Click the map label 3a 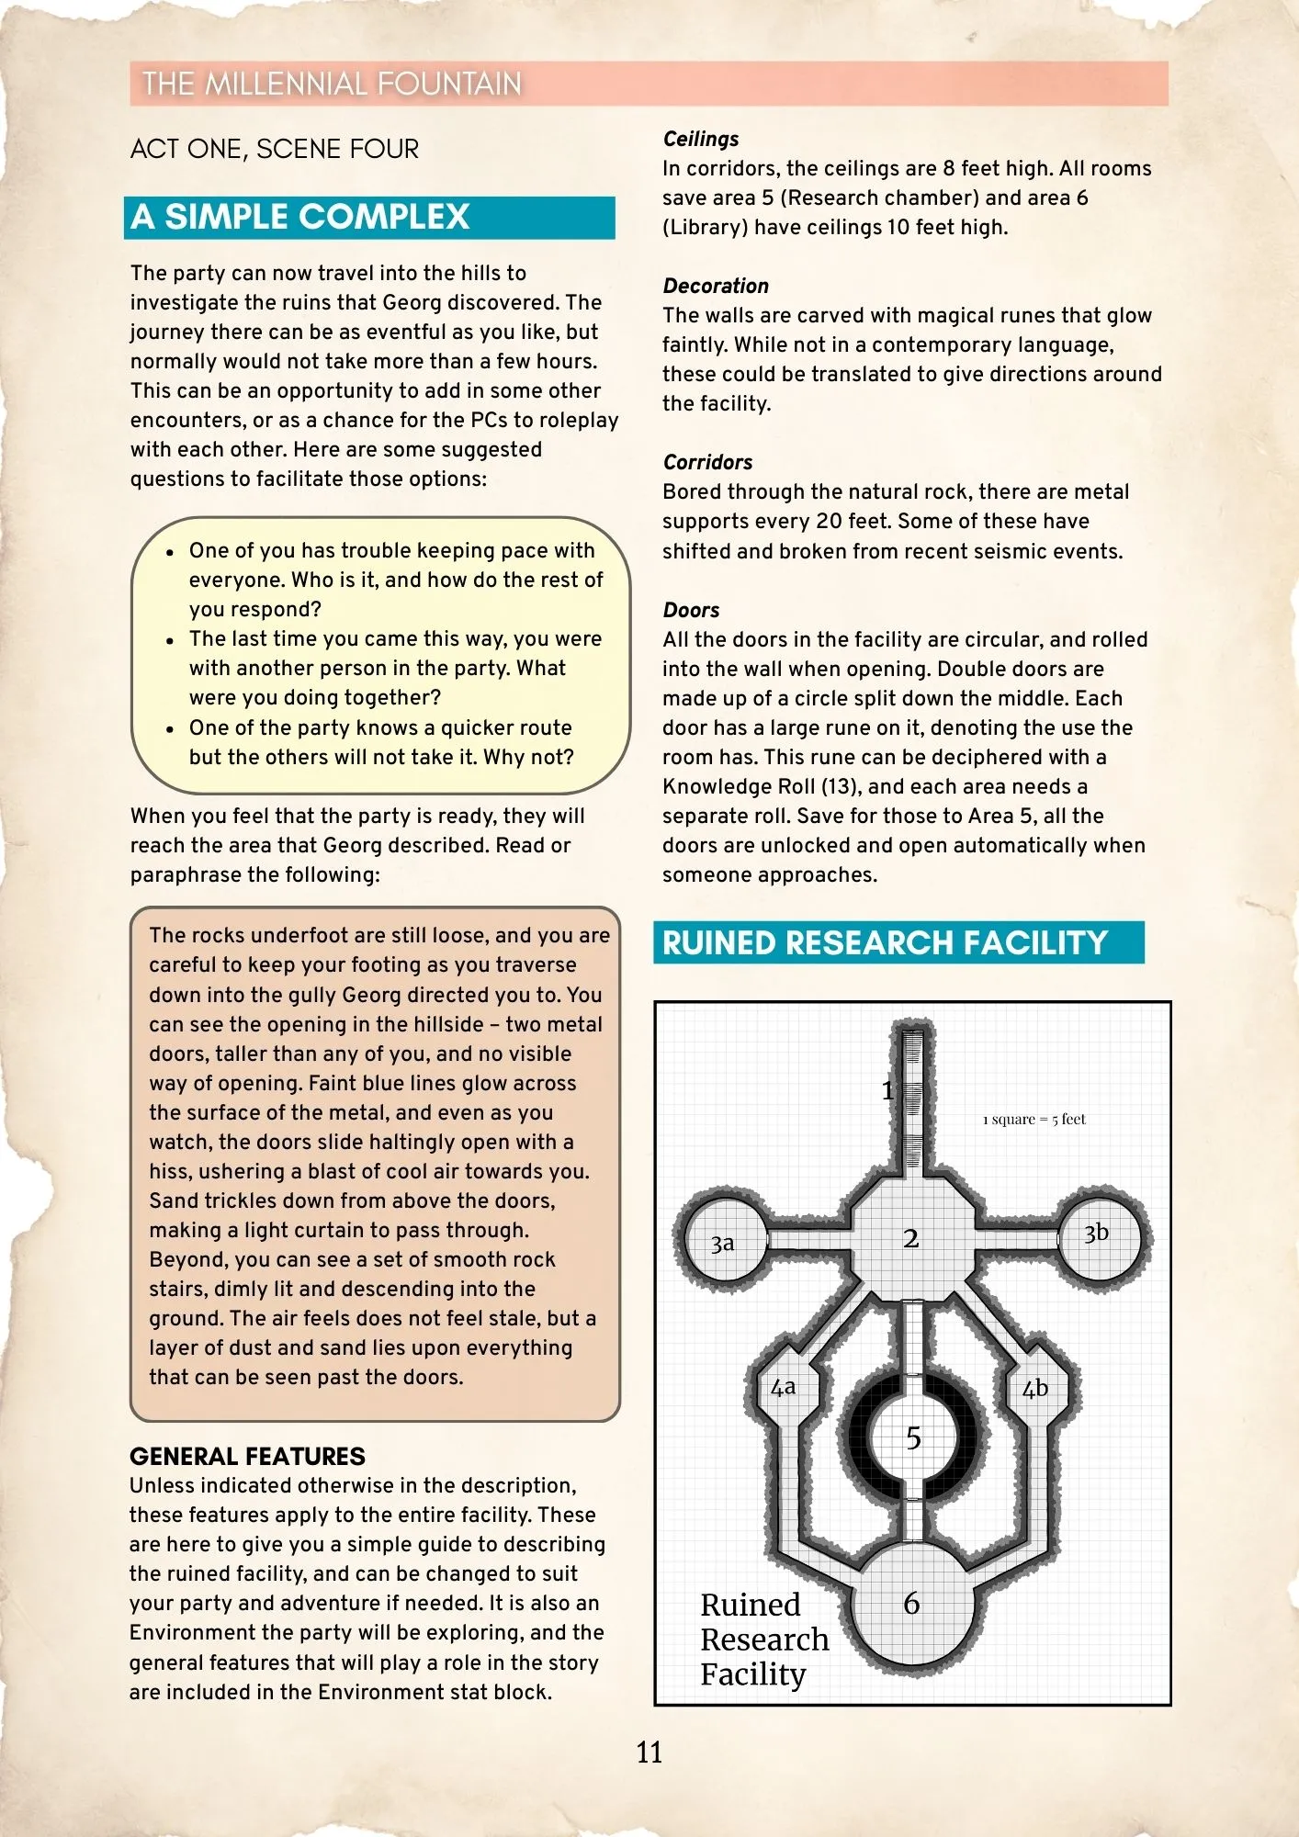click(x=722, y=1244)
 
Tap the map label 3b click(x=1096, y=1233)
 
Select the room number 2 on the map click(x=910, y=1238)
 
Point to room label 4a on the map click(x=783, y=1387)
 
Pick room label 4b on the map click(x=1035, y=1389)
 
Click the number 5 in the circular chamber click(x=913, y=1437)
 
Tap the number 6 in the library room click(x=911, y=1604)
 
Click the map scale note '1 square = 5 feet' click(x=1034, y=1119)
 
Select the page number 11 click(x=649, y=1752)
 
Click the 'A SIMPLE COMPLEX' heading click(x=300, y=217)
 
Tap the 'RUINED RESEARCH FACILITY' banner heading click(x=885, y=943)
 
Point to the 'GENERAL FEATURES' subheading click(x=247, y=1456)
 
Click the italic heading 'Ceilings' click(x=701, y=139)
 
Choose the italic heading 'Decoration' click(x=716, y=286)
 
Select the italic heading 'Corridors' click(x=707, y=462)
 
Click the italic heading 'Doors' click(x=691, y=610)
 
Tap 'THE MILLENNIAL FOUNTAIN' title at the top click(x=332, y=84)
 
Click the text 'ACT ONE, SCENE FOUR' click(x=275, y=149)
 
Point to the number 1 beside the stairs click(x=887, y=1090)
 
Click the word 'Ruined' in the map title click(x=751, y=1605)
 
